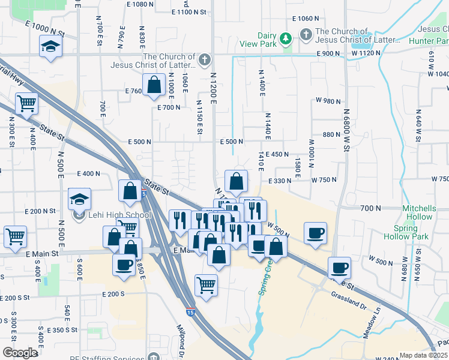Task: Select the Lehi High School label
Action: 119,215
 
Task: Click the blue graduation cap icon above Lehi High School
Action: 80,199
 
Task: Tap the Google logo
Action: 20,352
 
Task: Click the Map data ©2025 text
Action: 423,355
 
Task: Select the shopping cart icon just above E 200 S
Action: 206,284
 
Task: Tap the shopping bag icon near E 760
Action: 154,84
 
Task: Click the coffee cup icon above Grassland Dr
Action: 339,267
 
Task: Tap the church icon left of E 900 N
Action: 205,59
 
